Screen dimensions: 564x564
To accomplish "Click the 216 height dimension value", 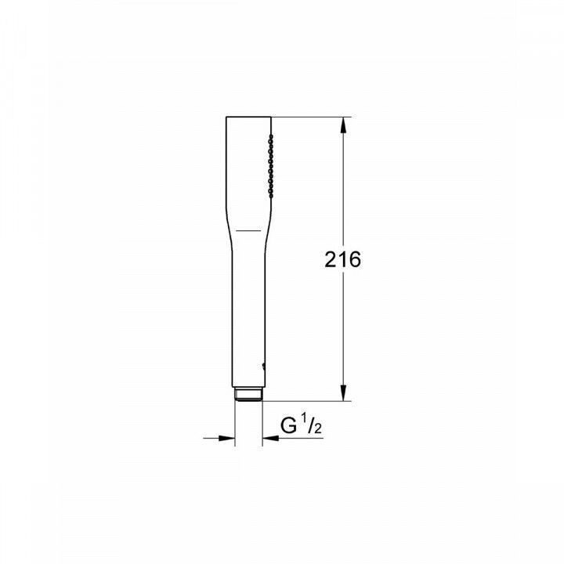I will pyautogui.click(x=342, y=260).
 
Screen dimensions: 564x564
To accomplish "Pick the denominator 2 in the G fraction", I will pyautogui.click(x=318, y=429).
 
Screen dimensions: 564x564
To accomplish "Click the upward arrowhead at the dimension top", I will pyautogui.click(x=342, y=124).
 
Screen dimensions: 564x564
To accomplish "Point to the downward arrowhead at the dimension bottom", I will pyautogui.click(x=342, y=393).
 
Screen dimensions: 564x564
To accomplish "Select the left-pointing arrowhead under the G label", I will pyautogui.click(x=269, y=438).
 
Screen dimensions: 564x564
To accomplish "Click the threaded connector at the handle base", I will pyautogui.click(x=248, y=394).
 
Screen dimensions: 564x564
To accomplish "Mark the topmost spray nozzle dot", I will pyautogui.click(x=270, y=138).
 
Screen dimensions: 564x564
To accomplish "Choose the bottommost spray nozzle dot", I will pyautogui.click(x=270, y=191).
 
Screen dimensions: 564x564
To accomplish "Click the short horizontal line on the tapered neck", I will pyautogui.click(x=249, y=231).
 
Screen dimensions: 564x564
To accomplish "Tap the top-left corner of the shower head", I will pyautogui.click(x=227, y=118).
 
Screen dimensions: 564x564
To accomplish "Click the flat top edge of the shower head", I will pyautogui.click(x=248, y=117).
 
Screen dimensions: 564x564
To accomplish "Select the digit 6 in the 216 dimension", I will pyautogui.click(x=354, y=260).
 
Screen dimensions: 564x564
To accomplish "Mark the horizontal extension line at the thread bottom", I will pyautogui.click(x=305, y=400).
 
